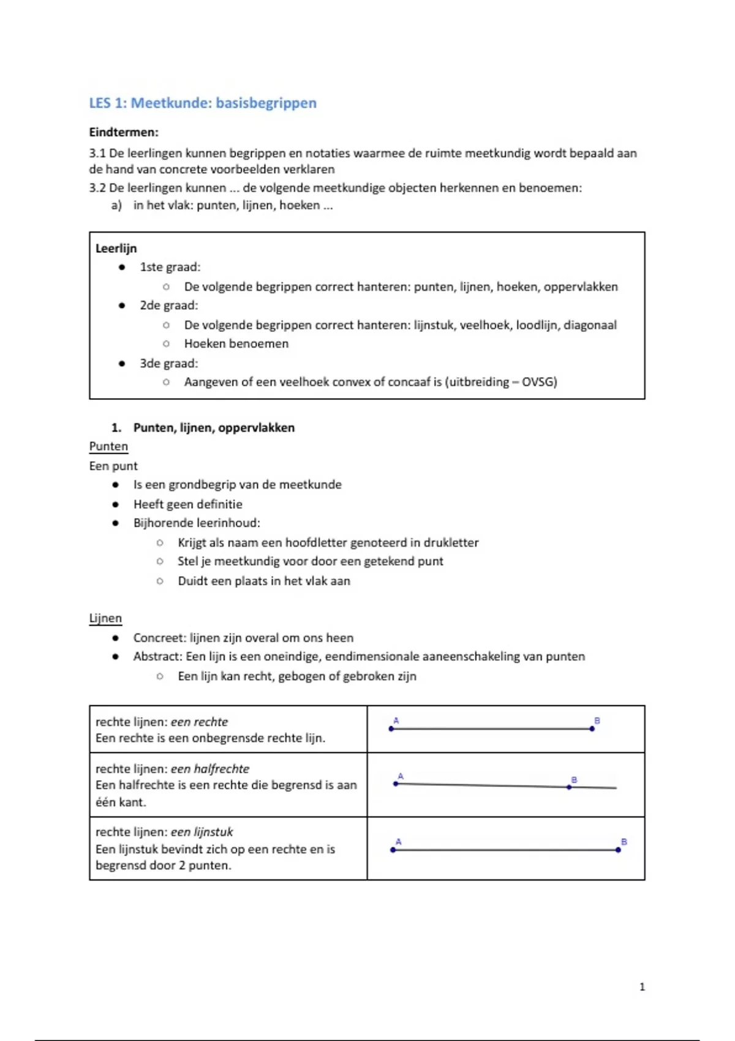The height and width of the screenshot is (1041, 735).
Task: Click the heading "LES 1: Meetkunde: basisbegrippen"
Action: pyautogui.click(x=203, y=103)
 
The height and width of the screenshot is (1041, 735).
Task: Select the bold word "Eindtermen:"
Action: pyautogui.click(x=124, y=132)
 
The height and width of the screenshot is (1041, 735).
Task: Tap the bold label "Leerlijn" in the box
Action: pyautogui.click(x=116, y=248)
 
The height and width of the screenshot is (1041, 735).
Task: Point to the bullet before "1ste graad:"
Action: pyautogui.click(x=123, y=267)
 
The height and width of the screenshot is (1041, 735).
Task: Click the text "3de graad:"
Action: pyautogui.click(x=168, y=363)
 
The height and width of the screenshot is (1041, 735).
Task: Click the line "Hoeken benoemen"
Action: pyautogui.click(x=236, y=344)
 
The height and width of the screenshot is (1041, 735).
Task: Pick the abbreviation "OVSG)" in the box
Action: pyautogui.click(x=539, y=382)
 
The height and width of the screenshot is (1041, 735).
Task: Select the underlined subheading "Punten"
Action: pyautogui.click(x=108, y=446)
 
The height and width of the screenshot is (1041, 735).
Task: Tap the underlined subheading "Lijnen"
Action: pyautogui.click(x=105, y=618)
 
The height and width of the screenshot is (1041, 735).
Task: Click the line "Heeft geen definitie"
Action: pyautogui.click(x=187, y=504)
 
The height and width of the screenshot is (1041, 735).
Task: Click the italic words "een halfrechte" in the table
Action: pyautogui.click(x=209, y=769)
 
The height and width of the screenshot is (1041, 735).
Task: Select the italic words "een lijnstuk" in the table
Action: pyautogui.click(x=202, y=832)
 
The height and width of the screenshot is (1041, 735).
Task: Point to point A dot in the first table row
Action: pyautogui.click(x=391, y=729)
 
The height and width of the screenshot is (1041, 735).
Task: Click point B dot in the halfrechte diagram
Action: pyautogui.click(x=570, y=787)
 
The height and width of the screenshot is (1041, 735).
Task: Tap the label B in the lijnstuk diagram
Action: pyautogui.click(x=624, y=842)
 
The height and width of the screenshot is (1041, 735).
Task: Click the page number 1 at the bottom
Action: pyautogui.click(x=642, y=987)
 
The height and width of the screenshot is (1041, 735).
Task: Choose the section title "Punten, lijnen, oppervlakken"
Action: pyautogui.click(x=214, y=427)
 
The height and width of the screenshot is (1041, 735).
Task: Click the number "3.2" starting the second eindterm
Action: pyautogui.click(x=97, y=187)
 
